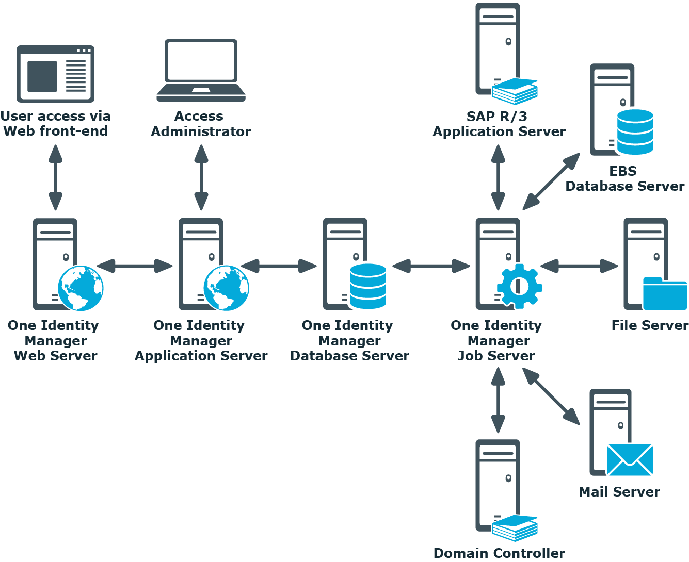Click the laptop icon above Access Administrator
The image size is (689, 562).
click(201, 71)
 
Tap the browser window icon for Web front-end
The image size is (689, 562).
click(56, 74)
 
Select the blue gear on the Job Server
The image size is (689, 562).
click(519, 286)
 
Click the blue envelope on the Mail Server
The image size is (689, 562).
click(630, 460)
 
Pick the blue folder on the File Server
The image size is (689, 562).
click(665, 293)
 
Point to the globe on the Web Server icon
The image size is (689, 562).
click(81, 288)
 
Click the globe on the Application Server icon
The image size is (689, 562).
click(226, 288)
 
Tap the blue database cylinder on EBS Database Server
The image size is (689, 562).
click(635, 132)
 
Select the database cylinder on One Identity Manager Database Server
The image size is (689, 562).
click(368, 286)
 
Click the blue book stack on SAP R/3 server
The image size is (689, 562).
click(515, 91)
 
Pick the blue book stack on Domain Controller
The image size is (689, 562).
click(515, 528)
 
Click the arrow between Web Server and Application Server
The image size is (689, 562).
click(135, 266)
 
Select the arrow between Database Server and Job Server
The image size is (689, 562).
click(431, 266)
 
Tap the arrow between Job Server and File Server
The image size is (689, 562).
click(579, 266)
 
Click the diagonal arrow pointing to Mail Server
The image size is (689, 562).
click(551, 396)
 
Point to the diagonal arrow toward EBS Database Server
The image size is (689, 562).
click(551, 181)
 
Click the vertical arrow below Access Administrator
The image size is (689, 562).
click(201, 177)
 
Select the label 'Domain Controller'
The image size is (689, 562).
click(499, 553)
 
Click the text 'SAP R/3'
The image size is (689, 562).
click(496, 117)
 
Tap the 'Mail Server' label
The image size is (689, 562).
click(619, 492)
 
